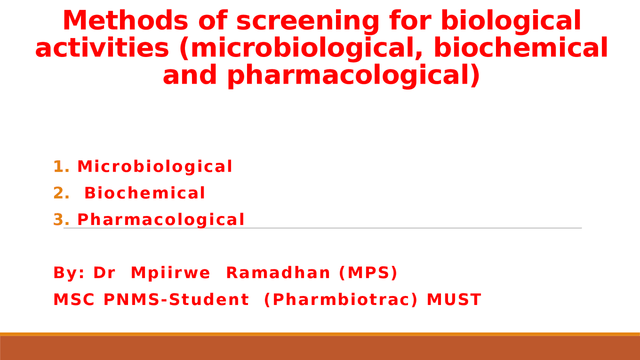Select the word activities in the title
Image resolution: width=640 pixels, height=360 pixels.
coord(102,48)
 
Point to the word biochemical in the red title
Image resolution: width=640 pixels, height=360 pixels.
coord(520,48)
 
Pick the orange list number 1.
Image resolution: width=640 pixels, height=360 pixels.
coord(59,167)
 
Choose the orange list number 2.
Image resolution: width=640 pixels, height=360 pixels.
coord(59,193)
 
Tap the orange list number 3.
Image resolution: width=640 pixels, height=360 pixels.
coord(59,220)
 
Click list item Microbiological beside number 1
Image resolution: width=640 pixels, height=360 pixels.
coord(155,167)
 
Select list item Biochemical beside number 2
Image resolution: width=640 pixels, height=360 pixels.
coord(145,193)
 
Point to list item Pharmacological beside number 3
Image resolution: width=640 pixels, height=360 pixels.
coord(161,220)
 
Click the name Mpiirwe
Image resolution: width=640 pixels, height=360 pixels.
coord(170,273)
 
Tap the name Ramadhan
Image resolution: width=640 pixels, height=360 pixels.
coord(278,273)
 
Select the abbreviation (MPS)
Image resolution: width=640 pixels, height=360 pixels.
coord(368,273)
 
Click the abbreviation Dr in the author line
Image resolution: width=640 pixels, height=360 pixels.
coord(104,273)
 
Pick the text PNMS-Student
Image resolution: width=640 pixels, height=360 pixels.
coord(176,300)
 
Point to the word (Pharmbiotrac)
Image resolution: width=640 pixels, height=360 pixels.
coord(340,300)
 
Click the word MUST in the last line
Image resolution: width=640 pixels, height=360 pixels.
coord(453,300)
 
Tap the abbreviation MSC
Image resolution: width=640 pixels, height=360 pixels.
coord(74,300)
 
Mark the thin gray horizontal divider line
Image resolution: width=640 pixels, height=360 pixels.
coord(400,228)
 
